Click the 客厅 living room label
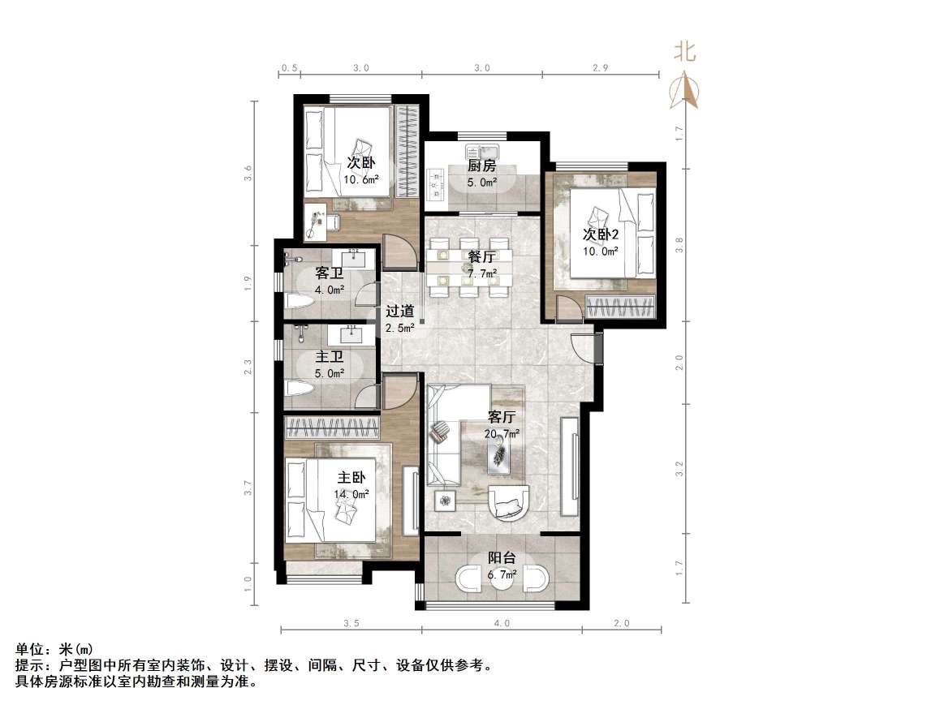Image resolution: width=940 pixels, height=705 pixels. (502, 417)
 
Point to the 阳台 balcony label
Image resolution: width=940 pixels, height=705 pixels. (502, 558)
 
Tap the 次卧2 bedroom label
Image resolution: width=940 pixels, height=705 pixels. (601, 234)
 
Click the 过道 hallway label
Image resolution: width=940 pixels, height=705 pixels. (399, 311)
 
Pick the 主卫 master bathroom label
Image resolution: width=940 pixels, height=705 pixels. (329, 356)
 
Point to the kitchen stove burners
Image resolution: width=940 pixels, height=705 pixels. (436, 183)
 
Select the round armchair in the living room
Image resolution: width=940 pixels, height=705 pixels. (510, 501)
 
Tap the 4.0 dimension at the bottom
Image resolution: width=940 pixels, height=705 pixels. (501, 623)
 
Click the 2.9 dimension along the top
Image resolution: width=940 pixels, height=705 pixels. (600, 68)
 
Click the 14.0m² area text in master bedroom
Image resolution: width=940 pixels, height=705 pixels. (351, 493)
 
